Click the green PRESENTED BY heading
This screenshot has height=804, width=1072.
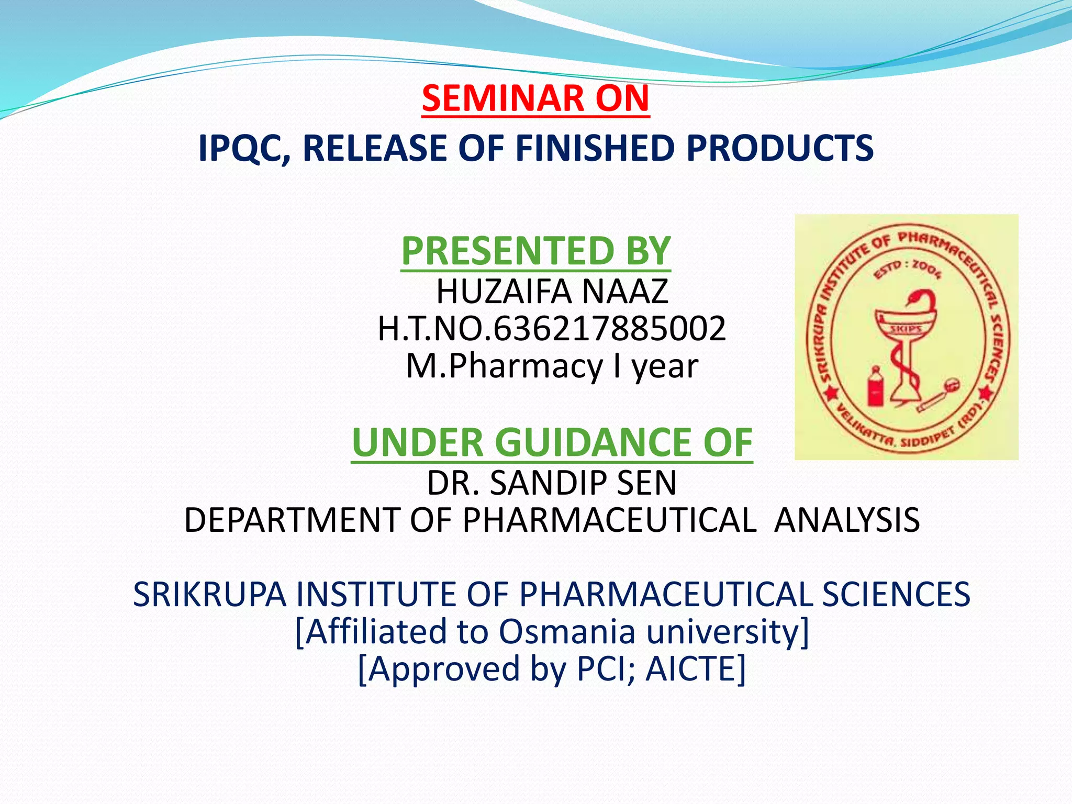535,251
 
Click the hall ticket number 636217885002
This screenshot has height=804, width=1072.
609,329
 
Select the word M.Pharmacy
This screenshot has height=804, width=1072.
505,366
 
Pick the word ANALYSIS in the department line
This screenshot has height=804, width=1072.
846,520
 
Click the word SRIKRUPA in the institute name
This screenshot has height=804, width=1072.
209,595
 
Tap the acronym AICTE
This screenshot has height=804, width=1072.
695,669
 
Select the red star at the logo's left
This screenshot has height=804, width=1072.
832,393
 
